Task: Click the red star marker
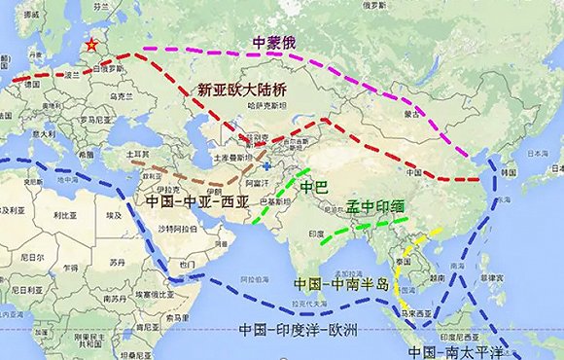(x=91, y=45)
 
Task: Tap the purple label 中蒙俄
(x=275, y=43)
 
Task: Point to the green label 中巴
(x=314, y=187)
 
